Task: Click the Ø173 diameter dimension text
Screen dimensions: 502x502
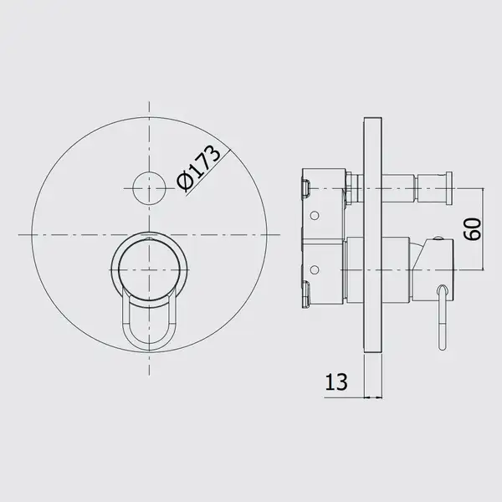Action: point(199,168)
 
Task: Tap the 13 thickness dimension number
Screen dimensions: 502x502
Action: point(336,382)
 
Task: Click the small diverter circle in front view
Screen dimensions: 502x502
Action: point(149,188)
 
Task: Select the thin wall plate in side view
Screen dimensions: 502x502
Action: point(373,235)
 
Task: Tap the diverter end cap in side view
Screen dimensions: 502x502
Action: point(448,187)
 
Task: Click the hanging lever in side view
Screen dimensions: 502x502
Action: point(443,317)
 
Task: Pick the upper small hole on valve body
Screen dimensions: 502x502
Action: point(315,215)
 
